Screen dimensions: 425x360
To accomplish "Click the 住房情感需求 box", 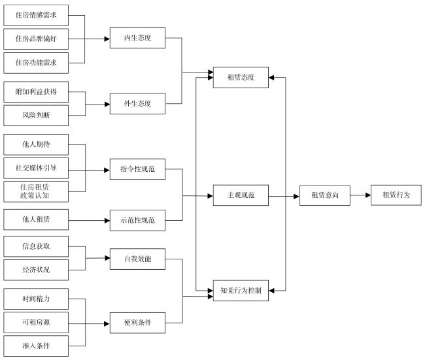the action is tap(36, 15).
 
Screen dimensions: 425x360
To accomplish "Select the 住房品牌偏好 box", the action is tap(36, 39).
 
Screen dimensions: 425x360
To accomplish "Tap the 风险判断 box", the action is tap(36, 116).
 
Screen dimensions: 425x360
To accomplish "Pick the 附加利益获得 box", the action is tap(36, 92).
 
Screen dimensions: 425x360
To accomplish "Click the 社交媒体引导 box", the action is tap(36, 168).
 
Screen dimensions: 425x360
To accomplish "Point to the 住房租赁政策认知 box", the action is tap(36, 191).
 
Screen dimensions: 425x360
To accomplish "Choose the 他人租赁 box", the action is tap(36, 220).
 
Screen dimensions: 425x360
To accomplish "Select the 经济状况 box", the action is tap(36, 270).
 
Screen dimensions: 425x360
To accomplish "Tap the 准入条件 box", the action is tap(36, 346).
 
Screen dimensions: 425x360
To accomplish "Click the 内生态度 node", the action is tap(137, 38).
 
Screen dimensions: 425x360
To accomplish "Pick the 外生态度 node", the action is tap(137, 104).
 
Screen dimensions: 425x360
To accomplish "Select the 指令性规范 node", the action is tap(137, 169).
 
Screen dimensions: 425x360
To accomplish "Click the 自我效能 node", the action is tap(137, 259).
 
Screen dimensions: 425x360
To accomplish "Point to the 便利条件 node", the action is tap(137, 323).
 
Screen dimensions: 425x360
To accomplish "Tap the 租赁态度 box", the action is tap(241, 78).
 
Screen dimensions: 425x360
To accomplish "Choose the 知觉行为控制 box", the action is tap(241, 291).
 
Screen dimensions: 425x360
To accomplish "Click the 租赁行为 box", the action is tap(396, 195).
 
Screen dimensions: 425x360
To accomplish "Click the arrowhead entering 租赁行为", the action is tap(368, 195).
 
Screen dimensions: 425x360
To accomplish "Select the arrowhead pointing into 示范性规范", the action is tap(107, 220).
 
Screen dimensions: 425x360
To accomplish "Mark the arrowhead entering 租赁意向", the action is tap(297, 197).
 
